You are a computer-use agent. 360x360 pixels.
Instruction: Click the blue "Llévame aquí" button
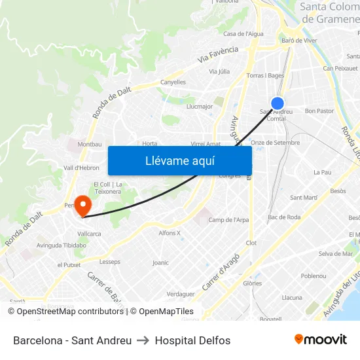(179, 161)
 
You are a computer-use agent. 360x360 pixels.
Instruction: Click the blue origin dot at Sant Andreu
(278, 103)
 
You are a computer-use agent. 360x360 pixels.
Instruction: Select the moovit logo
(320, 340)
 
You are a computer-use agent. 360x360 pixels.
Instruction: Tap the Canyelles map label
(173, 82)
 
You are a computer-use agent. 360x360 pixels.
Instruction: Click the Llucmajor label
(200, 106)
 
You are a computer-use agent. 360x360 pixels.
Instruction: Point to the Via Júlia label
(219, 71)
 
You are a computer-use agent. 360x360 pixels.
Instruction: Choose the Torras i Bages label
(264, 75)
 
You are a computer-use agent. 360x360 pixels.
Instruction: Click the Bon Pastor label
(319, 111)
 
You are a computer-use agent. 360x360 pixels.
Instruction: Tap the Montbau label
(90, 144)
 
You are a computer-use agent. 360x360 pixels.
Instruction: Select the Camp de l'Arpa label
(228, 220)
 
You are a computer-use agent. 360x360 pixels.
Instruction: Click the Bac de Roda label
(284, 217)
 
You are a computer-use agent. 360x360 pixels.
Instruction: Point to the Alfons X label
(170, 233)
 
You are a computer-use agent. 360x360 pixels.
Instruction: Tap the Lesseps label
(110, 262)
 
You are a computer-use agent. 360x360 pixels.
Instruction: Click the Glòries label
(252, 283)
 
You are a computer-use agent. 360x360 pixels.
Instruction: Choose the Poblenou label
(313, 276)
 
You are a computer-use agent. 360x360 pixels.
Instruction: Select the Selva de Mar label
(335, 254)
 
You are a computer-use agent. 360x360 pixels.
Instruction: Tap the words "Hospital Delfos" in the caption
(192, 340)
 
